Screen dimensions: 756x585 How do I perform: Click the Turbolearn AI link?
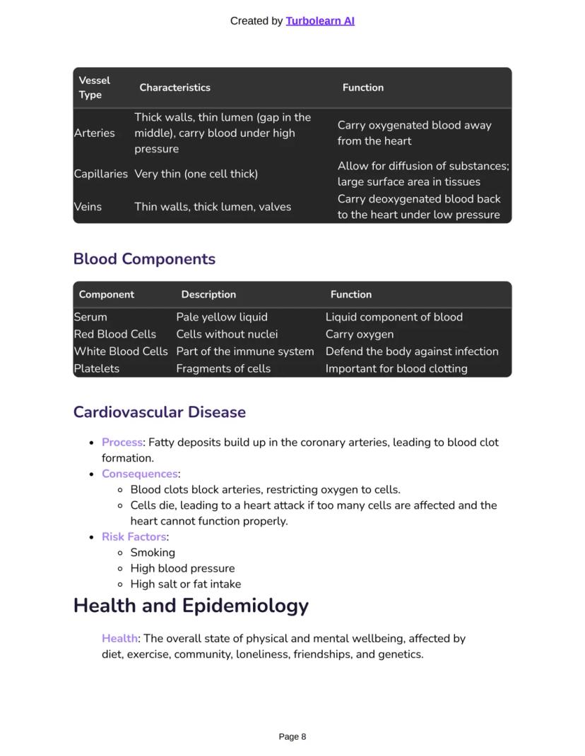(x=320, y=21)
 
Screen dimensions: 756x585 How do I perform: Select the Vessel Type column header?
(x=95, y=88)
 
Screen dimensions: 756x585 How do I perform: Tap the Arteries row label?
(x=95, y=133)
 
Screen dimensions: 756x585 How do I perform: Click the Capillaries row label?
(x=100, y=174)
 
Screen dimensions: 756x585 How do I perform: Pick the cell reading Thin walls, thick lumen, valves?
(x=213, y=207)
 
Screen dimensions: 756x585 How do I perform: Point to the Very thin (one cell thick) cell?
(x=196, y=174)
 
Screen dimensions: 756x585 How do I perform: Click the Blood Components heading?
(x=144, y=259)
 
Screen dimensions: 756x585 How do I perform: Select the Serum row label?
(x=90, y=317)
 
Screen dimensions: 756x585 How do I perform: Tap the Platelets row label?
(x=97, y=368)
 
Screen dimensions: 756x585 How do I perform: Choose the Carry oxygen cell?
(x=360, y=334)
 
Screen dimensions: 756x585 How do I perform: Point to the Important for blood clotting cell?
(x=396, y=368)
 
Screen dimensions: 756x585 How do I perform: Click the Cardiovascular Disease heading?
(x=160, y=412)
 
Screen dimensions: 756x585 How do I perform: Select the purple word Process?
(x=122, y=443)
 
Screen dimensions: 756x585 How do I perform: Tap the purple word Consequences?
(x=140, y=474)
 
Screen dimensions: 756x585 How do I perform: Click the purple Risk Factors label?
(x=134, y=536)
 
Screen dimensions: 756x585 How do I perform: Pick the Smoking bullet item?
(x=153, y=553)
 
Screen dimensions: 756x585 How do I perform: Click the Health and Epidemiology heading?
(x=191, y=606)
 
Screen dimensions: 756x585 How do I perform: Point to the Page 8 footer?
(x=292, y=737)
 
